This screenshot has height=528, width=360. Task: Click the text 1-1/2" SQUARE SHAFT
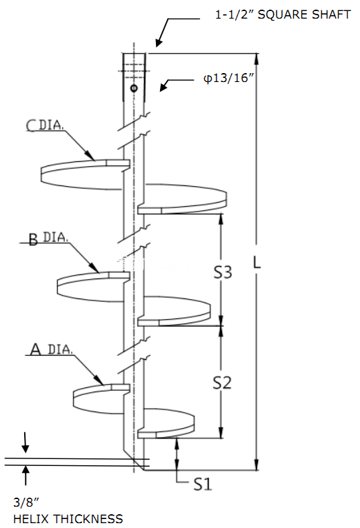tap(283, 14)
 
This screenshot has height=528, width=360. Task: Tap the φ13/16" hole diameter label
tap(228, 78)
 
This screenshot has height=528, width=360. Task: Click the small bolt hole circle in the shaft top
tap(134, 88)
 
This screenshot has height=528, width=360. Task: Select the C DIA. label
tap(45, 125)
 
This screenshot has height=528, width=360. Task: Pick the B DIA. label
tap(48, 238)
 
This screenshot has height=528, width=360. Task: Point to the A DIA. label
tap(51, 349)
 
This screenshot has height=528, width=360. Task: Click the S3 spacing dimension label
tap(223, 272)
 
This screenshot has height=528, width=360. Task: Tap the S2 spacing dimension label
tap(222, 383)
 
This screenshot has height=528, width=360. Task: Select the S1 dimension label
tap(203, 484)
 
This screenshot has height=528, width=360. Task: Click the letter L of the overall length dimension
tap(257, 263)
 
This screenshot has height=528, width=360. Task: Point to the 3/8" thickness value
tap(26, 502)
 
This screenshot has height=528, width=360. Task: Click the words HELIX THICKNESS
tap(68, 518)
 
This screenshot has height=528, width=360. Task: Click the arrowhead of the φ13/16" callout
tap(163, 87)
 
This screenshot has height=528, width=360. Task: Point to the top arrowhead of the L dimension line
tap(257, 59)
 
